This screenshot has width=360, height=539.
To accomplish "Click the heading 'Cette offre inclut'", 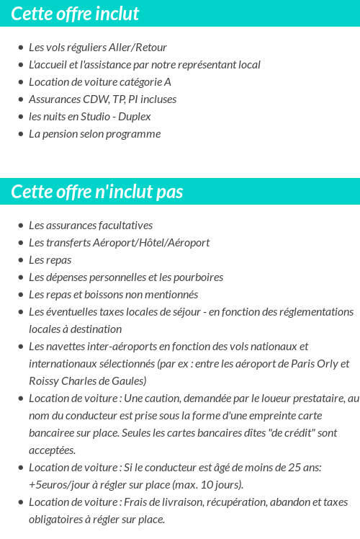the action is [75, 14].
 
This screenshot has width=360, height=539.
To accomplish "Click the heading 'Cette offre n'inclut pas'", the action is [97, 192].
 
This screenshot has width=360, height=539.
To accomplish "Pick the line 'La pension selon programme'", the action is [94, 134].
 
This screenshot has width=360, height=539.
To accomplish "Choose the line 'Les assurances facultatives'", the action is [91, 226].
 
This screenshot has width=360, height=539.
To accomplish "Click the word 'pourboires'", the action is [197, 277].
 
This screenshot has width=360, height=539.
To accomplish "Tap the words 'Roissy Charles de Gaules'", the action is [88, 381].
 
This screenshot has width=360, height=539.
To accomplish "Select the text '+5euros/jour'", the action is [60, 485].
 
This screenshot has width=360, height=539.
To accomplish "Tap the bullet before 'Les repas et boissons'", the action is [20, 295].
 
